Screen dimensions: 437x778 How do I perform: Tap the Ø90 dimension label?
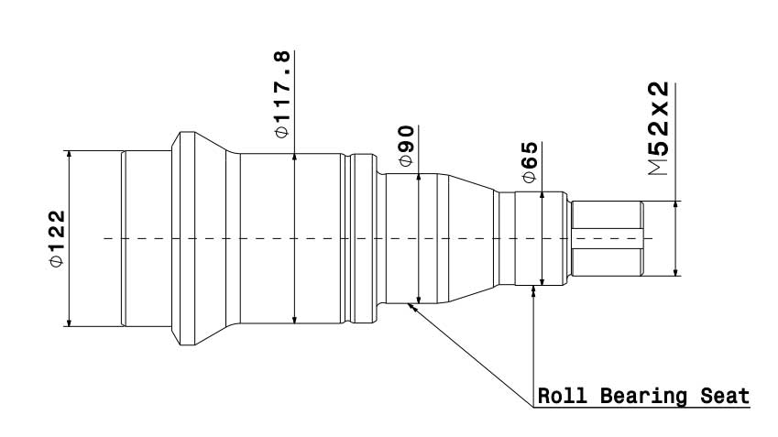pyautogui.click(x=406, y=147)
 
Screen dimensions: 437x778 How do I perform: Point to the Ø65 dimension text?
pyautogui.click(x=528, y=166)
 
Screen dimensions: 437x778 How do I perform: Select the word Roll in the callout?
pyautogui.click(x=561, y=397)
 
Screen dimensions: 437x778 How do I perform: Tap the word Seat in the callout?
pyautogui.click(x=725, y=397)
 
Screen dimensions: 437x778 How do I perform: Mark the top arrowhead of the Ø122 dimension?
pyautogui.click(x=69, y=156)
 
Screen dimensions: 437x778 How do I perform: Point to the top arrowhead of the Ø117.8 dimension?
pyautogui.click(x=293, y=158)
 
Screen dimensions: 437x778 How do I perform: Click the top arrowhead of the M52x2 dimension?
pyautogui.click(x=675, y=204)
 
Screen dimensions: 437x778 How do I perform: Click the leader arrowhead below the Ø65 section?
pyautogui.click(x=534, y=290)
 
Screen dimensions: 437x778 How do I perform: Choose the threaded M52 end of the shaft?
pyautogui.click(x=607, y=238)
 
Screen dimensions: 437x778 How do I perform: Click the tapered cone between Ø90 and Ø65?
pyautogui.click(x=471, y=238)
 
